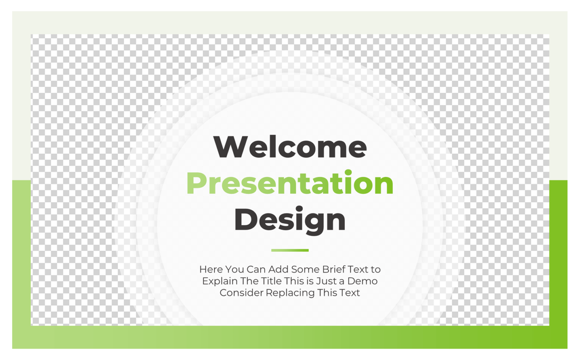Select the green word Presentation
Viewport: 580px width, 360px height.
[290, 183]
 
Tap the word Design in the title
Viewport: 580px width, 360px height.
[290, 220]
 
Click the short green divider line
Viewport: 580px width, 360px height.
[290, 250]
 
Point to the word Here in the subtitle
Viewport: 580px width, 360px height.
[211, 269]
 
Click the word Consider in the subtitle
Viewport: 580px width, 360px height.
[241, 293]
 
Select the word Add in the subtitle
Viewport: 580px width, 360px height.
[278, 269]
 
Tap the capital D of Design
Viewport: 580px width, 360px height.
[245, 220]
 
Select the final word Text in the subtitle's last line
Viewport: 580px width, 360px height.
[350, 293]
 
